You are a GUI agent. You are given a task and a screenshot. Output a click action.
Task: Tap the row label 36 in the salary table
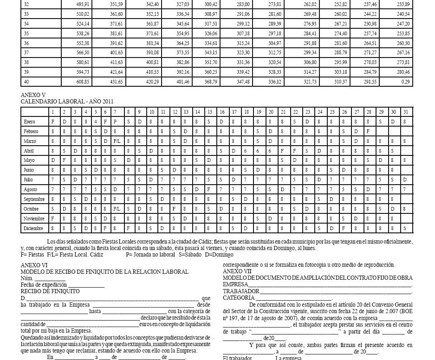(26, 43)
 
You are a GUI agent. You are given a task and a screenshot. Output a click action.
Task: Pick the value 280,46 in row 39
(403, 72)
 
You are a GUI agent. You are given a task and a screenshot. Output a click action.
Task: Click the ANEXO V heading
(33, 95)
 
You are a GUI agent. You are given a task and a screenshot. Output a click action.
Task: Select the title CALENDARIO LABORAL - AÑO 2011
(67, 102)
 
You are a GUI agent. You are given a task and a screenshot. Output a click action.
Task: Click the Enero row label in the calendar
(29, 122)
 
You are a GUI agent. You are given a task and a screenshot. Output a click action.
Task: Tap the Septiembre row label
(34, 199)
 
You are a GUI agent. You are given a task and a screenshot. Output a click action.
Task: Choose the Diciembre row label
(33, 229)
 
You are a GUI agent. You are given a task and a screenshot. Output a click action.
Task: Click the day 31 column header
(406, 112)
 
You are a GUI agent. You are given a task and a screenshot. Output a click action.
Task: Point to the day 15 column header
(210, 112)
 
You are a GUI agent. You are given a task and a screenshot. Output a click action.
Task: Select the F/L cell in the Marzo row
(117, 141)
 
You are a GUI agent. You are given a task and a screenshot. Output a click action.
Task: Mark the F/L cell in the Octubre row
(117, 209)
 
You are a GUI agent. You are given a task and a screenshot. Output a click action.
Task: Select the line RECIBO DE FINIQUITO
(50, 291)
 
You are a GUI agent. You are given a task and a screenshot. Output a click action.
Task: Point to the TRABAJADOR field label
(241, 291)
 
